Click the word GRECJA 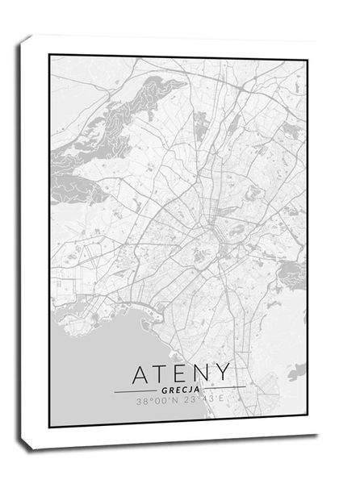(x=180, y=390)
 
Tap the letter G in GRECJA (x=165, y=390)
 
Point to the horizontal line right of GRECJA (x=224, y=390)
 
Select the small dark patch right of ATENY (x=296, y=371)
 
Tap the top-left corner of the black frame (x=49, y=55)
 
